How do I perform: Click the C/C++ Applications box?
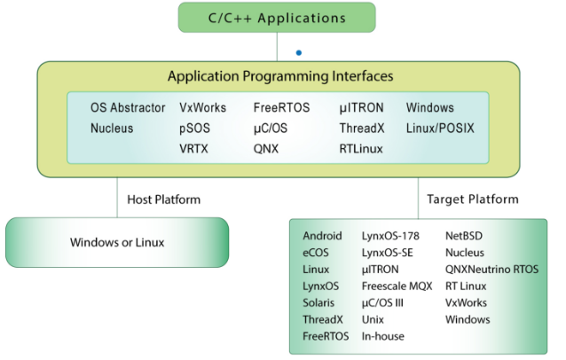(277, 18)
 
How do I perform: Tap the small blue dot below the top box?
(299, 52)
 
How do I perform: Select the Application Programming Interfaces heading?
(280, 76)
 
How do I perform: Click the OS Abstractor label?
(128, 107)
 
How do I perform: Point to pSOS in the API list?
(194, 129)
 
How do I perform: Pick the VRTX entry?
(193, 149)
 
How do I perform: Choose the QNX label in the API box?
(266, 149)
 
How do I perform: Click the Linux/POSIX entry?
(440, 128)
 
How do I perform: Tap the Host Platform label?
(163, 200)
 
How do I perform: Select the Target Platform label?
(473, 200)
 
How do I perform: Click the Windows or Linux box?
(117, 242)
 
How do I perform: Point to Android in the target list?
(322, 236)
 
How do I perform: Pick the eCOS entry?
(316, 253)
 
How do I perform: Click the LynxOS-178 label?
(390, 236)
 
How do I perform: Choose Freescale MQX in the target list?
(397, 286)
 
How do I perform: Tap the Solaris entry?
(318, 302)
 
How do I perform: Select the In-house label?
(383, 336)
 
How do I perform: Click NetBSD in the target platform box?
(464, 236)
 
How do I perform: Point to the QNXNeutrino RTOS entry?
(492, 269)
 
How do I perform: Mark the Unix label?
(373, 319)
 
